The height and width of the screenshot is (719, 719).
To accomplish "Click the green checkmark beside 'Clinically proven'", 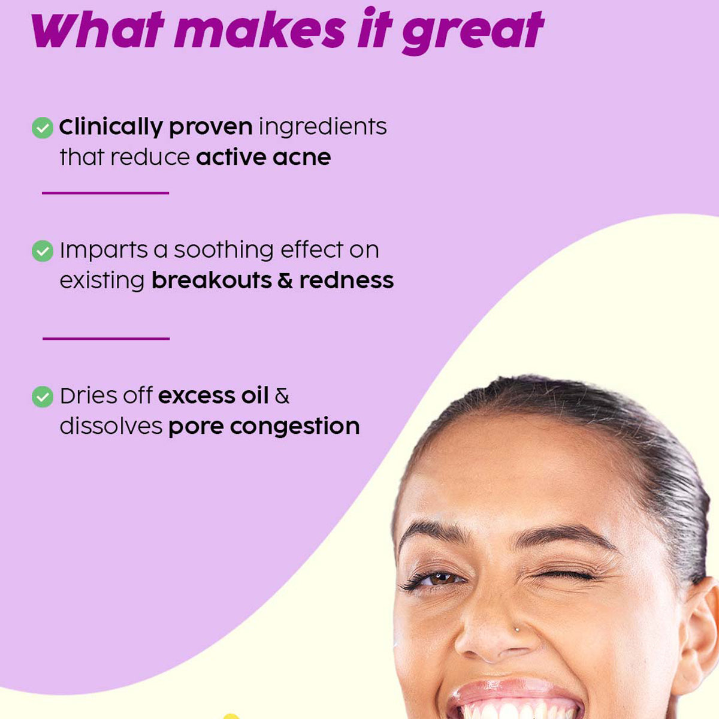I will [x=43, y=128].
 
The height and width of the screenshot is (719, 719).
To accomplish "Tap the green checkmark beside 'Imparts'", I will [x=43, y=251].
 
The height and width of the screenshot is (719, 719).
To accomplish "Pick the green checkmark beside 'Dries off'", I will [x=43, y=397].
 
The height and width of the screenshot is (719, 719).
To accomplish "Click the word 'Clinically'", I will [x=111, y=127].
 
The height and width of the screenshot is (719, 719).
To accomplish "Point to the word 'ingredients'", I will [x=322, y=127].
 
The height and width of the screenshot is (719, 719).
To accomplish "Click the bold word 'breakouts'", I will [x=212, y=280].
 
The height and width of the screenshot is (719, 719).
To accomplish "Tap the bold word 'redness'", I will [x=346, y=280].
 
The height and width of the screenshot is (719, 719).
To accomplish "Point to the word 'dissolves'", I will [x=111, y=427].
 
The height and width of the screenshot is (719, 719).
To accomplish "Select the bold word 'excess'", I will [x=197, y=396].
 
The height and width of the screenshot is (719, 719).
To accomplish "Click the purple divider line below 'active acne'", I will [x=105, y=193].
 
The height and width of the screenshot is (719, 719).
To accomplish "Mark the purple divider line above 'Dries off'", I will [x=106, y=339].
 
